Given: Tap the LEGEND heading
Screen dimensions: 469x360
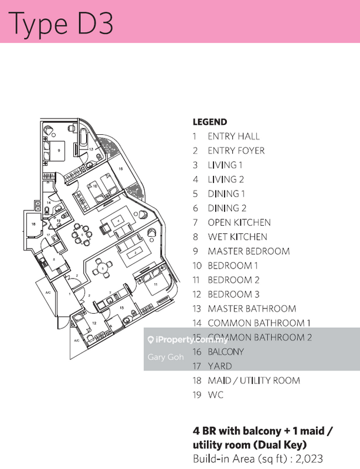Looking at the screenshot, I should (209, 122).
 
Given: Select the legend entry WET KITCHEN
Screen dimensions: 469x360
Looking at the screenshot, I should (237, 237).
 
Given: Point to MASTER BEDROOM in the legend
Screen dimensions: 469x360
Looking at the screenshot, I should (249, 251).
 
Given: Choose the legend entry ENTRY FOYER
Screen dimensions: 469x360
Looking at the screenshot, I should (236, 151).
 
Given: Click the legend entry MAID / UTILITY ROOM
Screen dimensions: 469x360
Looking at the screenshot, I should (253, 380).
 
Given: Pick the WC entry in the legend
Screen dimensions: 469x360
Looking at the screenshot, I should (215, 395).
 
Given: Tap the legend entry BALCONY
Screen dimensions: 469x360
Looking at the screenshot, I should (225, 352).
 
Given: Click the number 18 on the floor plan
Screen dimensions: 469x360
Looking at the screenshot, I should (33, 223).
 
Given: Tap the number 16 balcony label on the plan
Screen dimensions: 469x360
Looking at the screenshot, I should (120, 168).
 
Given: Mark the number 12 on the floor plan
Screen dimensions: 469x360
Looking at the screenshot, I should (94, 322).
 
